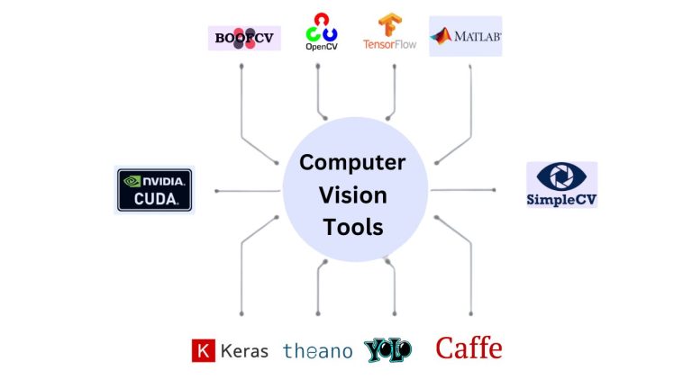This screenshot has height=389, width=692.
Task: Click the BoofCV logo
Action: pyautogui.click(x=244, y=38)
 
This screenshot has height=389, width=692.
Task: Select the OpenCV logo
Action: pyautogui.click(x=322, y=32)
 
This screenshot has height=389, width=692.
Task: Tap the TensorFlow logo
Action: pyautogui.click(x=389, y=32)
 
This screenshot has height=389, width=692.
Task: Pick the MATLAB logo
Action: pyautogui.click(x=465, y=36)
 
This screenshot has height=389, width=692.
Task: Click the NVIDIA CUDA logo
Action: pyautogui.click(x=155, y=190)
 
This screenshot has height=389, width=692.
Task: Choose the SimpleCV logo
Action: pyautogui.click(x=561, y=185)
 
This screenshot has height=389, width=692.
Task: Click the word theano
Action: pyautogui.click(x=317, y=351)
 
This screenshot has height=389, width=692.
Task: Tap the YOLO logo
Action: pyautogui.click(x=388, y=350)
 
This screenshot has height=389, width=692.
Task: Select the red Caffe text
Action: pyautogui.click(x=469, y=348)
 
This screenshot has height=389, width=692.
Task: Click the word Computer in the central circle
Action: pyautogui.click(x=352, y=163)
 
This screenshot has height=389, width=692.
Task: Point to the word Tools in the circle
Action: pyautogui.click(x=353, y=227)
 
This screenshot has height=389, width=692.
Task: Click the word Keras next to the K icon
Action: pyautogui.click(x=244, y=351)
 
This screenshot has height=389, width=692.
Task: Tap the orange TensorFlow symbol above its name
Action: pyautogui.click(x=389, y=24)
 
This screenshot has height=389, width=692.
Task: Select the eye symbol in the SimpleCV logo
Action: pyautogui.click(x=560, y=176)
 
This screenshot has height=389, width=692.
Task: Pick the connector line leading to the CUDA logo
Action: pyautogui.click(x=248, y=191)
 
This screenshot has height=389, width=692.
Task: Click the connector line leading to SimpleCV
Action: pyautogui.click(x=464, y=190)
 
